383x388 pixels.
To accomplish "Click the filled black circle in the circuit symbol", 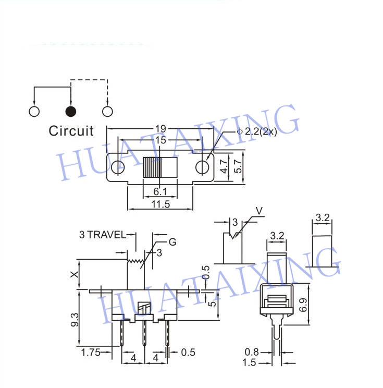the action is coord(71,112).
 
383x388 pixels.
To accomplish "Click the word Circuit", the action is coord(71,131).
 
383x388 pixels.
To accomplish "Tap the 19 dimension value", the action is coord(160,129).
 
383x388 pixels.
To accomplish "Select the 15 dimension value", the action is coord(160,140).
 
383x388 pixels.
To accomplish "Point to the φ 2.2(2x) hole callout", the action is coord(257,131).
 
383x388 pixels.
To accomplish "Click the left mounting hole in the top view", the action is coord(118,167).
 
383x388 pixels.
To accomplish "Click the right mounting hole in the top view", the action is coord(202,167).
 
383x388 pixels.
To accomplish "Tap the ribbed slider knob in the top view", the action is coord(152,167).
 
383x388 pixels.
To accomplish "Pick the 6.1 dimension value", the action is coord(160,191).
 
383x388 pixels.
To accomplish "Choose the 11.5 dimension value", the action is coord(160,204).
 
